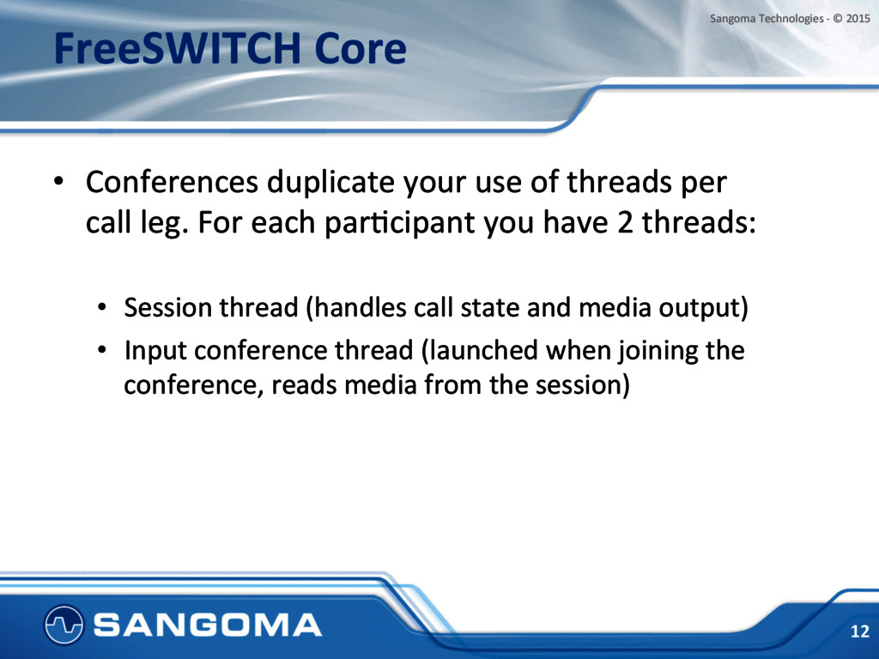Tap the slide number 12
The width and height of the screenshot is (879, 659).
click(x=859, y=632)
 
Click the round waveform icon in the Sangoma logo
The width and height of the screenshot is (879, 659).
click(x=64, y=625)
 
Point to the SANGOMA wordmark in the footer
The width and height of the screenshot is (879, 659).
click(x=208, y=625)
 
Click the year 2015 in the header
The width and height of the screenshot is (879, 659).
click(x=858, y=19)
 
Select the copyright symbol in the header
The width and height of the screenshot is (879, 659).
click(x=838, y=19)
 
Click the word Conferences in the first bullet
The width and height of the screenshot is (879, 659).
click(x=172, y=182)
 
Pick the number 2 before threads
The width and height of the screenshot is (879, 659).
click(x=625, y=222)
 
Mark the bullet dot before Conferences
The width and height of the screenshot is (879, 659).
click(x=58, y=182)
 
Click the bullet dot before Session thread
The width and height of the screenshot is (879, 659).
click(x=101, y=308)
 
